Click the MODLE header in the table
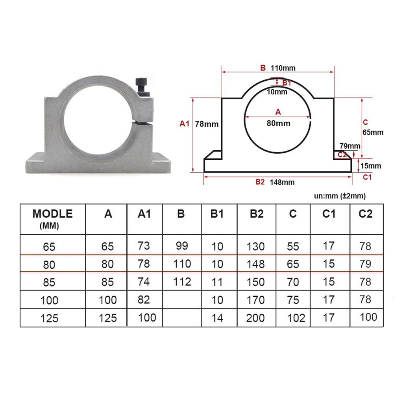point(52,214)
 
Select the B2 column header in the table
point(257,214)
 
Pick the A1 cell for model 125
point(147,317)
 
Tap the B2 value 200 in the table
point(255,318)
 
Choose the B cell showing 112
point(182,281)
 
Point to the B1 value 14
point(217,318)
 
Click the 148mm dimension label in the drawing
point(282,182)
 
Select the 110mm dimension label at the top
point(283,68)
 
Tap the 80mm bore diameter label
point(278,123)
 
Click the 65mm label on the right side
point(372,133)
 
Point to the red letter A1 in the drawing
point(185,124)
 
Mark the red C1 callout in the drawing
point(367,177)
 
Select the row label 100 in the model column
point(49,300)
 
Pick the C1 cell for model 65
point(329,246)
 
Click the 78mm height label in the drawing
point(207,124)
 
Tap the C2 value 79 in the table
point(365,264)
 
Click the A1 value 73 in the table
point(144,246)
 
